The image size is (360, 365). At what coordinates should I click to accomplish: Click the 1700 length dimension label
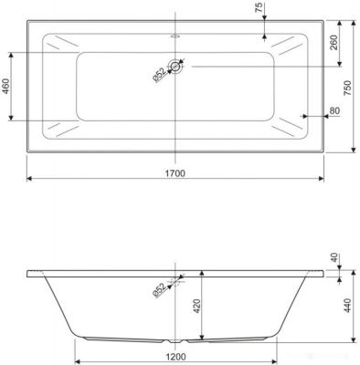coord(175,173)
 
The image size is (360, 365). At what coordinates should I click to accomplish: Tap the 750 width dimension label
coord(347,88)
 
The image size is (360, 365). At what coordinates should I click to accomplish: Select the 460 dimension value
coord(6,86)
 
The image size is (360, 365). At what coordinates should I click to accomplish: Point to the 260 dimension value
coord(334,43)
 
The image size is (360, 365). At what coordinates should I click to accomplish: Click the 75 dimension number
coord(259,8)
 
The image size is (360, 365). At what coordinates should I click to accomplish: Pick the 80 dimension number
coord(334,110)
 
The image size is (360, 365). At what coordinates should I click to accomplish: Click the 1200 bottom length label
coord(176,356)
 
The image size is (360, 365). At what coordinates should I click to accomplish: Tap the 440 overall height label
coord(347,306)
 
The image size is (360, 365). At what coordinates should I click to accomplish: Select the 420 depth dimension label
coord(196,307)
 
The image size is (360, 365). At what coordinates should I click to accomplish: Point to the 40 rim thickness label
coord(334,257)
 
